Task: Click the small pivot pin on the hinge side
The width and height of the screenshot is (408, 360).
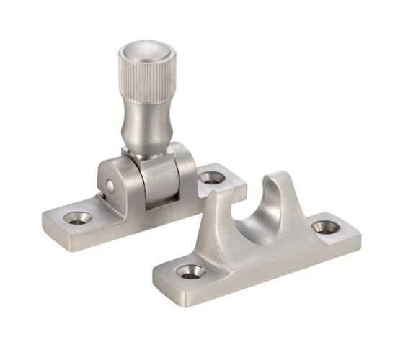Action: click(x=110, y=187)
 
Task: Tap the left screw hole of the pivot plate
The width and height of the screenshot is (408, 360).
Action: click(x=77, y=217)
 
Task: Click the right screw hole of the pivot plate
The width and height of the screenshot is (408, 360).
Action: click(x=211, y=176)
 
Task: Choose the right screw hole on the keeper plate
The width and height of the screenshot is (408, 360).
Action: click(x=326, y=228)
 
